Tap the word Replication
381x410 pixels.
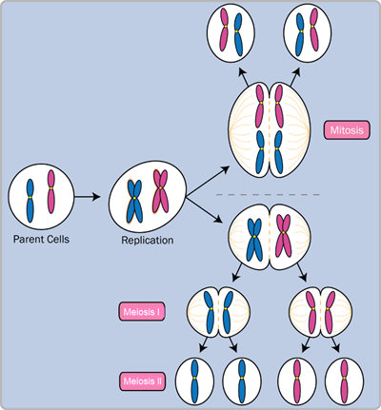pos(147,240)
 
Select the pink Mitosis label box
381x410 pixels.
pos(348,129)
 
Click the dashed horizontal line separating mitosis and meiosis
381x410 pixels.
pos(276,195)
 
